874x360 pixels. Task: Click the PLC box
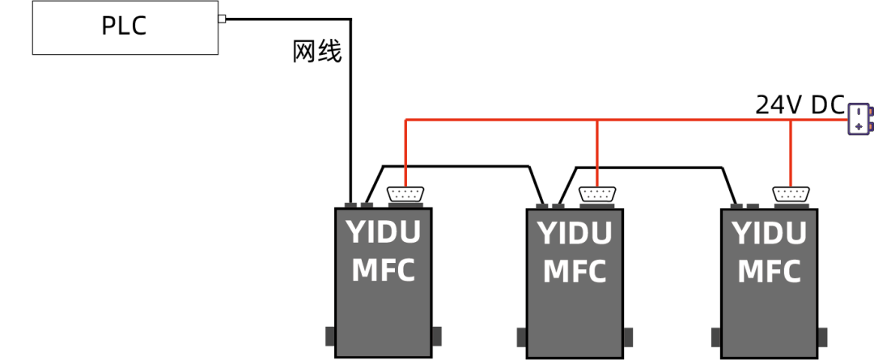point(125,27)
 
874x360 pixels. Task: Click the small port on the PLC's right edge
point(222,19)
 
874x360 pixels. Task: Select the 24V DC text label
point(800,105)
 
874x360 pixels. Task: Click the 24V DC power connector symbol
point(859,118)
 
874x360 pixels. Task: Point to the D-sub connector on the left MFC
point(405,194)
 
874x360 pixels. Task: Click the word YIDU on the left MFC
point(384,233)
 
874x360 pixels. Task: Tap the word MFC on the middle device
point(575,272)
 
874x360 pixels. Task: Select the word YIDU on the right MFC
point(770,234)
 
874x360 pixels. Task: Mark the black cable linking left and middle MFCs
point(453,167)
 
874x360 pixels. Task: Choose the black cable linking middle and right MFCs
point(647,167)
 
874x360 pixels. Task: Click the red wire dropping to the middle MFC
point(596,154)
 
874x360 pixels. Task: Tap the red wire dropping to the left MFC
point(405,154)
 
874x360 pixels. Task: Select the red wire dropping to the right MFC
point(789,154)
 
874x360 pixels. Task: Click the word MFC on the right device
point(770,271)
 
